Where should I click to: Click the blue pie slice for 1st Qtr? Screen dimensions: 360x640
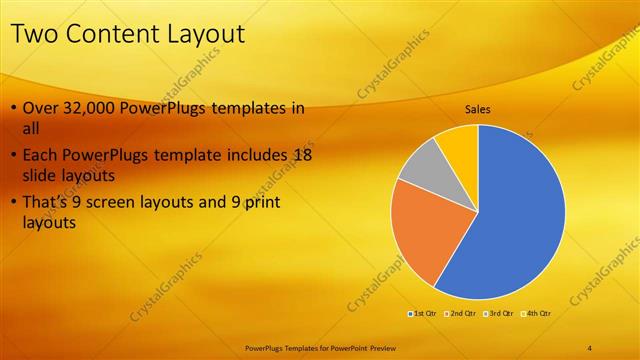(510, 220)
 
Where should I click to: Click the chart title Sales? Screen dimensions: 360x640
(478, 109)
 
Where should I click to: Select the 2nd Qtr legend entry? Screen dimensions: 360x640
(459, 314)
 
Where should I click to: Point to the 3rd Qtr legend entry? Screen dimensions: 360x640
(497, 314)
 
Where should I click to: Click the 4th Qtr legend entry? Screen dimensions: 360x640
(534, 314)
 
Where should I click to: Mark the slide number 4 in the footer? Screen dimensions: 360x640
(590, 347)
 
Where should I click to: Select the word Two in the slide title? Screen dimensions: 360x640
(33, 35)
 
